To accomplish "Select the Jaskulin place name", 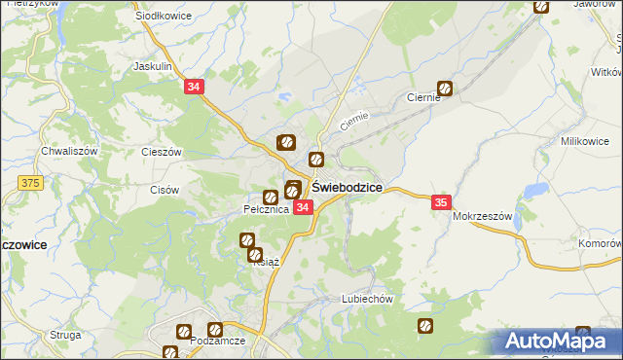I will click(152, 66).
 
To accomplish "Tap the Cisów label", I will click(164, 189).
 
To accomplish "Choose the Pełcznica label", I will click(265, 209).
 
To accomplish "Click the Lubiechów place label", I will click(366, 300).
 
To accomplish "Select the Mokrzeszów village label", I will click(482, 217).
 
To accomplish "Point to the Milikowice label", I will click(584, 141).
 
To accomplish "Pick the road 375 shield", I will click(30, 182).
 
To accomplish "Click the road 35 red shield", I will click(441, 202).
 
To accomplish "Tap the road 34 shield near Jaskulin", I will click(194, 88).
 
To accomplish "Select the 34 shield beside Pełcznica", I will click(303, 207).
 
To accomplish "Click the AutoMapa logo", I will click(558, 342).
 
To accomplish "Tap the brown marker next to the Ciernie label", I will click(445, 88).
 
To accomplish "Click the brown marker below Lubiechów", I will click(424, 326).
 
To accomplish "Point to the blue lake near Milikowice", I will click(532, 190).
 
